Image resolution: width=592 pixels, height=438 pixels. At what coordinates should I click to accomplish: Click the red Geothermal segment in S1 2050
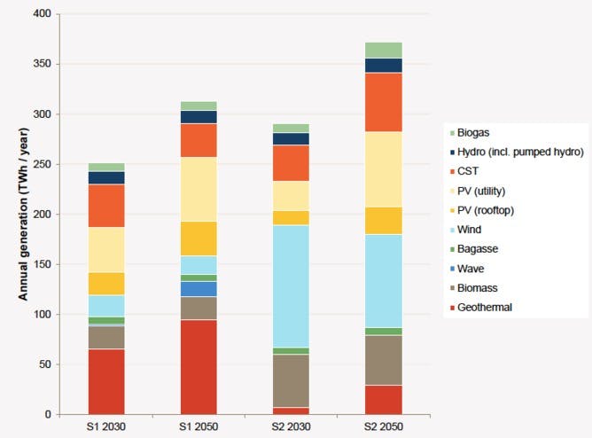coord(199,366)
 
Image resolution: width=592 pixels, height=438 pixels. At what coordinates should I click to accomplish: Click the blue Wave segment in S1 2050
coord(199,288)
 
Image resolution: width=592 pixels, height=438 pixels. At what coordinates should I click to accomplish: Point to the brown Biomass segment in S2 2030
coord(291,380)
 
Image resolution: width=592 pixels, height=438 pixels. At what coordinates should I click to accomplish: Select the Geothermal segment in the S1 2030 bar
coord(106,381)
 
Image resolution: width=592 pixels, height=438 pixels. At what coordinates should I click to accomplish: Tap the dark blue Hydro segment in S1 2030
coord(106,177)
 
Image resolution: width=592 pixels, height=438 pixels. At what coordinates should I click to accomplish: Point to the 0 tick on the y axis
coord(49,414)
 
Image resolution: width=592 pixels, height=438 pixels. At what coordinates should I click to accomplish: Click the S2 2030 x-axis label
coord(291,426)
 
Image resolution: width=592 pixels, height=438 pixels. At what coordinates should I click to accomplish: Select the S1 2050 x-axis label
coord(199,426)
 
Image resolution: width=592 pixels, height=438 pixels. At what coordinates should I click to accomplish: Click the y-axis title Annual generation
coord(25,214)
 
